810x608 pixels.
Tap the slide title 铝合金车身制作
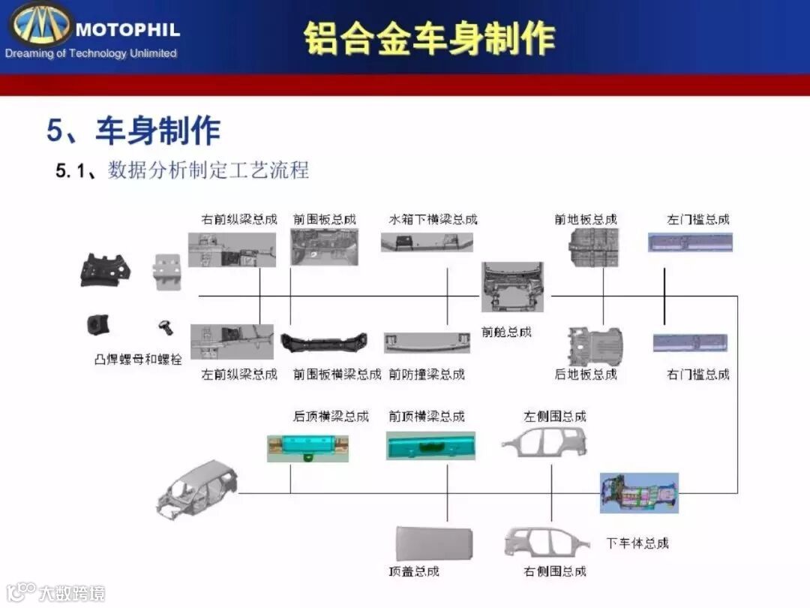pyautogui.click(x=429, y=38)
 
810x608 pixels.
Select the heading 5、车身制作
pyautogui.click(x=133, y=130)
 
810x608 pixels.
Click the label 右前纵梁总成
pyautogui.click(x=239, y=219)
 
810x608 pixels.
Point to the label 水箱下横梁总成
pyautogui.click(x=433, y=219)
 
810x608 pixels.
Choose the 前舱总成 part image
pyautogui.click(x=513, y=287)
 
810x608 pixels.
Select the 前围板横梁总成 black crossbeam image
pyautogui.click(x=324, y=342)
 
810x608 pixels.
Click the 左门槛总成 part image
pyautogui.click(x=690, y=242)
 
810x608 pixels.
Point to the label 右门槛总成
pyautogui.click(x=698, y=374)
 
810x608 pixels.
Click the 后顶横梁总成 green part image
pyautogui.click(x=309, y=447)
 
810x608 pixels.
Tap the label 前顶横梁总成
pyautogui.click(x=427, y=416)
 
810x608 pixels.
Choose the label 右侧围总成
pyautogui.click(x=555, y=571)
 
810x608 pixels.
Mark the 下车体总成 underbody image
pyautogui.click(x=639, y=492)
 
